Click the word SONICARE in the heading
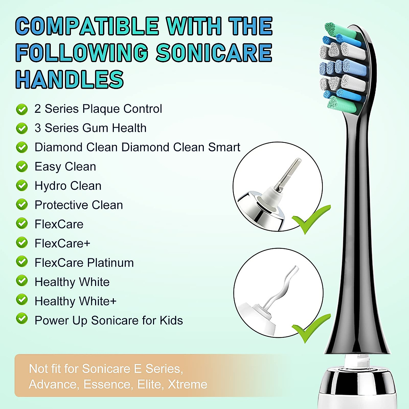point(214,53)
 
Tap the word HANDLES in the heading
point(70,79)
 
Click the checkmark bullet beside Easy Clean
point(22,167)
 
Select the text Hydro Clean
point(68,186)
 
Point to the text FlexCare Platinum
point(84,263)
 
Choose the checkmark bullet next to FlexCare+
point(22,243)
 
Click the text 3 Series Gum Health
point(90,128)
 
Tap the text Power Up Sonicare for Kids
point(108,320)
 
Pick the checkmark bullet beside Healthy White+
point(22,300)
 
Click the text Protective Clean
point(78,205)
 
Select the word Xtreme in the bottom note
point(187,384)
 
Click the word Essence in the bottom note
point(107,384)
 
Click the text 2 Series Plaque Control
point(98,109)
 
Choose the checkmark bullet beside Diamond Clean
point(22,148)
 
